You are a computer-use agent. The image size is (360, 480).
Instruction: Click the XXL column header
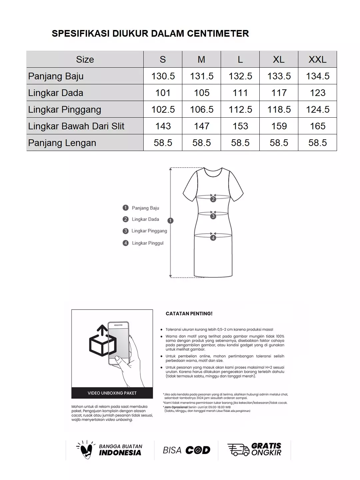317,59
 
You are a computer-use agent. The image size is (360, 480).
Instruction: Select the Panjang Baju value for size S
163,76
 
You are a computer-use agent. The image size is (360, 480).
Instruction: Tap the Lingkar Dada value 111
240,93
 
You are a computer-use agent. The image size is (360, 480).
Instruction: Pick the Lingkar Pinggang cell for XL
279,109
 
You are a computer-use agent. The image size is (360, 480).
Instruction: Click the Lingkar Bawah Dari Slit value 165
317,126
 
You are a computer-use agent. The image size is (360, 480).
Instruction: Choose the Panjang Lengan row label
62,143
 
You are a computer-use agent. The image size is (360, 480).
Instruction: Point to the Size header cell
85,59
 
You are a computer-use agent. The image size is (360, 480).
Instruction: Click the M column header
201,59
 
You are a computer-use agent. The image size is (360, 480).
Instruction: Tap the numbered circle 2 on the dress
213,199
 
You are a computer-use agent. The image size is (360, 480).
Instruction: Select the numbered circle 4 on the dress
213,238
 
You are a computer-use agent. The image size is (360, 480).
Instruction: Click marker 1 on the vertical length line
170,221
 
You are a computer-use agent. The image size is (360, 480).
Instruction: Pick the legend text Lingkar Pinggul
148,243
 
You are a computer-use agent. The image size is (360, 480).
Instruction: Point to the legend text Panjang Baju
145,208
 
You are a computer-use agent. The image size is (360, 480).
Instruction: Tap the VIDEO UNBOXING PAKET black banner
112,393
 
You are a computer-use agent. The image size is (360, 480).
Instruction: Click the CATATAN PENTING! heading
189,314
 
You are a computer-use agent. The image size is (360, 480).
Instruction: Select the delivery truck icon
238,450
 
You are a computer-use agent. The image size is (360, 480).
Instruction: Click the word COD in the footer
198,450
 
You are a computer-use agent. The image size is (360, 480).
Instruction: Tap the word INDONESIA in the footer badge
120,453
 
